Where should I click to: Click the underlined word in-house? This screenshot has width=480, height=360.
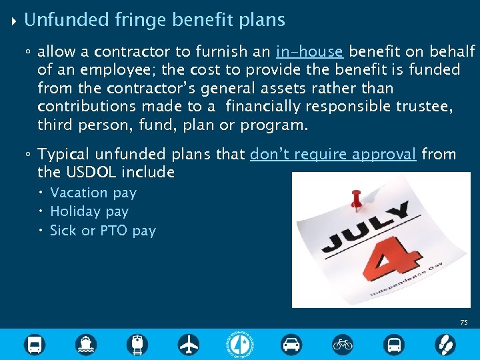click(309, 51)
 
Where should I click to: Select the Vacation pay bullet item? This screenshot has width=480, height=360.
click(93, 193)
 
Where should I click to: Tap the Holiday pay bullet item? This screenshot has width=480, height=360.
click(89, 211)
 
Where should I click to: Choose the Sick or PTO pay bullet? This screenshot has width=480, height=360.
click(103, 231)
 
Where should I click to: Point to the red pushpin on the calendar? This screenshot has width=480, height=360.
click(357, 197)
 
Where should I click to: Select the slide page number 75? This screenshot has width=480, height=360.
click(464, 323)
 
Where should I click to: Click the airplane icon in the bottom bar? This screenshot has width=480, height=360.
click(189, 345)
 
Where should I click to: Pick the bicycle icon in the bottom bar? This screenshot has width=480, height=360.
click(343, 345)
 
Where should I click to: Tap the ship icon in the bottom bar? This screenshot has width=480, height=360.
click(86, 345)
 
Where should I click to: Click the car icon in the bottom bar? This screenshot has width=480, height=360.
click(291, 345)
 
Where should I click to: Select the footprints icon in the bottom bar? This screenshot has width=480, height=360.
click(445, 345)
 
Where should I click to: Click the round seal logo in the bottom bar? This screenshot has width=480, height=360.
click(240, 345)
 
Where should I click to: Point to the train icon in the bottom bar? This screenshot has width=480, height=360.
click(137, 345)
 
